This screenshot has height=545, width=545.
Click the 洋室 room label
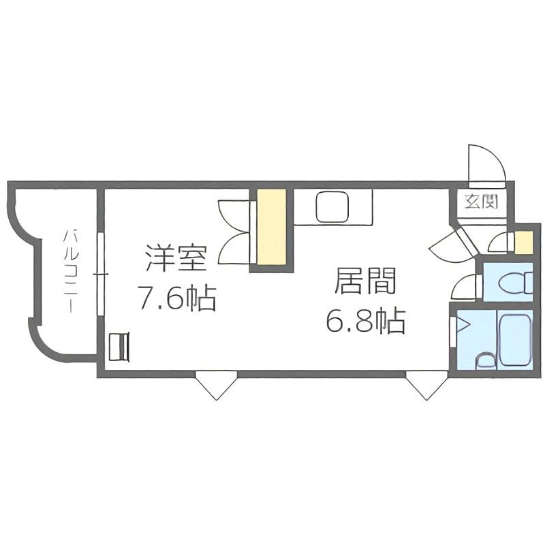pyautogui.click(x=176, y=258)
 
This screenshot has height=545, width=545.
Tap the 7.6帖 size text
pyautogui.click(x=176, y=298)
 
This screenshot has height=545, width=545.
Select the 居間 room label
pyautogui.click(x=365, y=281)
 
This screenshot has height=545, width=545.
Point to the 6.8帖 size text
pyautogui.click(x=366, y=321)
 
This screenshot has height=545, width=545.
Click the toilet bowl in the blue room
pyautogui.click(x=515, y=282)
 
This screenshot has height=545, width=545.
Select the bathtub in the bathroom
pyautogui.click(x=514, y=340)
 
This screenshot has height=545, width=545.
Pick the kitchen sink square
pyautogui.click(x=332, y=207)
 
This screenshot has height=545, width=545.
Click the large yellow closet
pyautogui.click(x=271, y=227)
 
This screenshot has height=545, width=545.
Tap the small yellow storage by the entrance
pyautogui.click(x=523, y=242)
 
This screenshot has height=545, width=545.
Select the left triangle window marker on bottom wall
pyautogui.click(x=216, y=385)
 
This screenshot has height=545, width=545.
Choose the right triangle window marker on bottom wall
pyautogui.click(x=426, y=385)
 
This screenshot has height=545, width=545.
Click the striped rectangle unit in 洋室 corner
pyautogui.click(x=119, y=347)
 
